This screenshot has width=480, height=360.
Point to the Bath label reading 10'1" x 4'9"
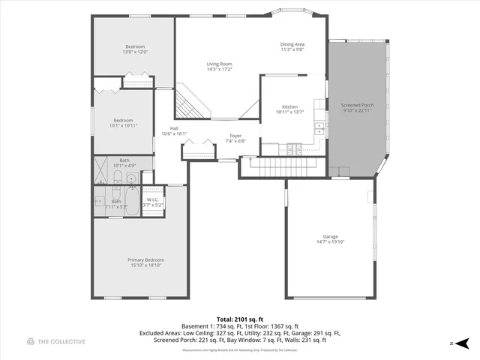(124, 162)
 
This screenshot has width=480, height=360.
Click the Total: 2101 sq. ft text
(239, 318)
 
